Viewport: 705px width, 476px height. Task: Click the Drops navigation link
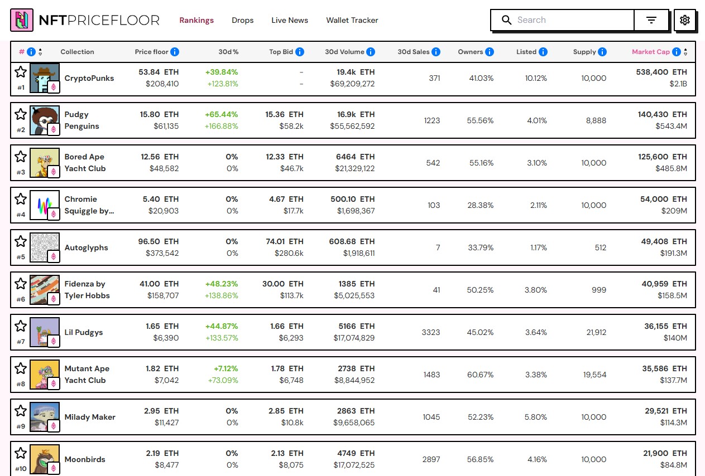pyautogui.click(x=242, y=20)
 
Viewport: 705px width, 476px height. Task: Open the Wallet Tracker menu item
pyautogui.click(x=352, y=20)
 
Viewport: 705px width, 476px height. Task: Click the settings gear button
pyautogui.click(x=684, y=20)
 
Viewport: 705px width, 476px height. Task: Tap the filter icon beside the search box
pyautogui.click(x=651, y=20)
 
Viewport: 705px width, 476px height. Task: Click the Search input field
pyautogui.click(x=572, y=20)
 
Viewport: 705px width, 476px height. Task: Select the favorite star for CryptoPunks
pyautogui.click(x=21, y=71)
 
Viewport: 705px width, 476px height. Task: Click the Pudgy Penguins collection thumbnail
pyautogui.click(x=44, y=120)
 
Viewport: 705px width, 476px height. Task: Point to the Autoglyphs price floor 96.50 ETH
pyautogui.click(x=158, y=241)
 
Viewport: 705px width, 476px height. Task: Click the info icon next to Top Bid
pyautogui.click(x=300, y=52)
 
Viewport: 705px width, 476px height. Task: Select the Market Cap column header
pyautogui.click(x=650, y=52)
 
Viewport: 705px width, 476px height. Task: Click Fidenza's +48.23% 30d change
pyautogui.click(x=222, y=284)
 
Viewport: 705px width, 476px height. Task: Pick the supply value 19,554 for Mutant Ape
pyautogui.click(x=594, y=375)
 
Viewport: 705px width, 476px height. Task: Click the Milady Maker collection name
pyautogui.click(x=90, y=417)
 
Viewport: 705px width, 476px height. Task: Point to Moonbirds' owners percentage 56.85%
pyautogui.click(x=480, y=459)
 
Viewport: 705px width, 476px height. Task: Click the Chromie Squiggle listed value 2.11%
pyautogui.click(x=538, y=205)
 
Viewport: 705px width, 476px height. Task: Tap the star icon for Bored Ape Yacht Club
pyautogui.click(x=21, y=156)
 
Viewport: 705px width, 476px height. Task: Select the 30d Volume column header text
pyautogui.click(x=344, y=52)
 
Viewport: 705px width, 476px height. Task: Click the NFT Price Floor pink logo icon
pyautogui.click(x=22, y=20)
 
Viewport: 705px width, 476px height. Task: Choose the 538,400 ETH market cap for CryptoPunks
pyautogui.click(x=662, y=72)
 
